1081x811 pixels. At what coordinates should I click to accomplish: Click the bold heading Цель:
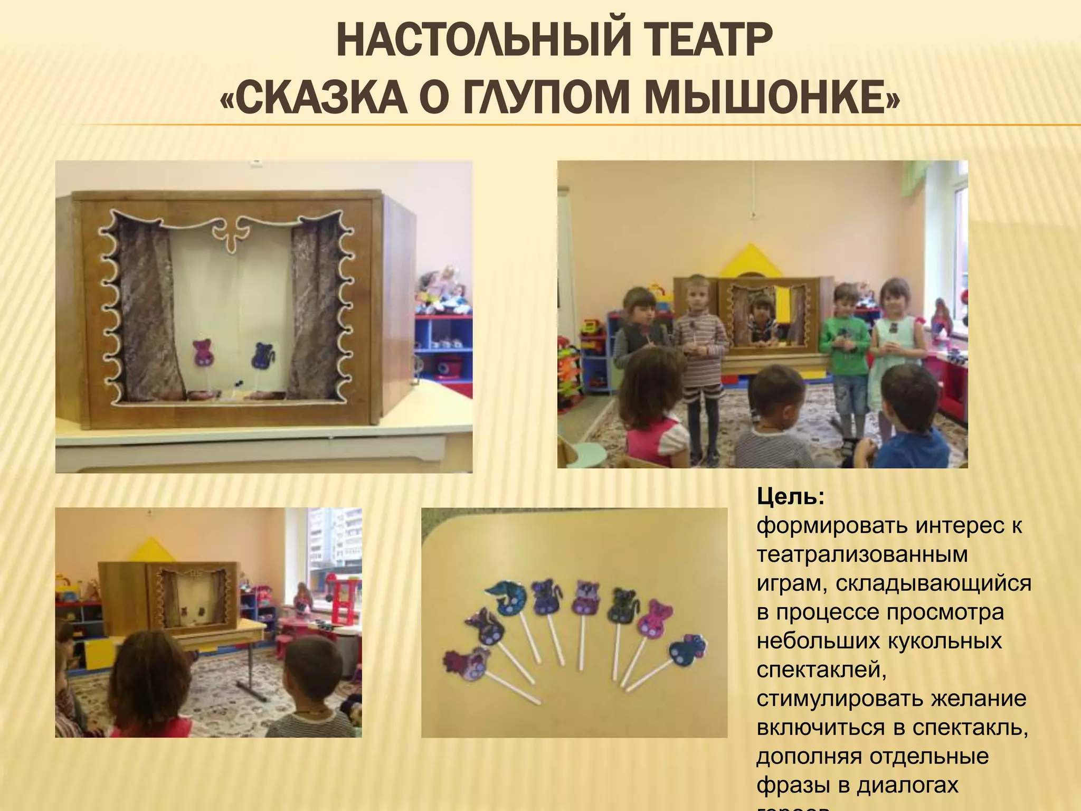point(790,497)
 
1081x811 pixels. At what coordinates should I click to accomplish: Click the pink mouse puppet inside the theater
point(203,353)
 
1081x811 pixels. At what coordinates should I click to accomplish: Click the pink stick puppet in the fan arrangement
point(651,617)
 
